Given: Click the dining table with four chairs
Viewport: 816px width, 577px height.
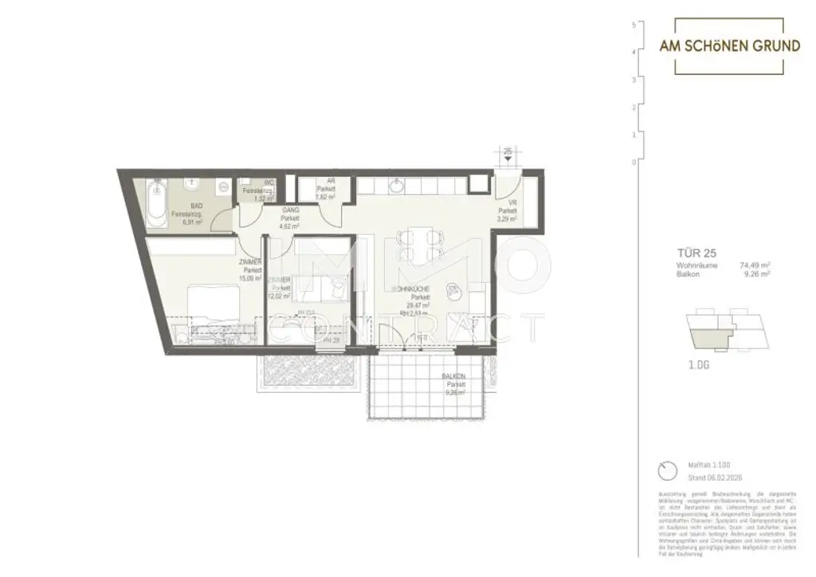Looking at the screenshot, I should coord(418,244).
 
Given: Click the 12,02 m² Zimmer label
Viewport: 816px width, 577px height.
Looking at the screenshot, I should coord(279,288).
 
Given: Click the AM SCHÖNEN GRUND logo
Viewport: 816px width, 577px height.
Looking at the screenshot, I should coord(729,46).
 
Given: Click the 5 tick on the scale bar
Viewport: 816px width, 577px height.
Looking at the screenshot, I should coord(633,24).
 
